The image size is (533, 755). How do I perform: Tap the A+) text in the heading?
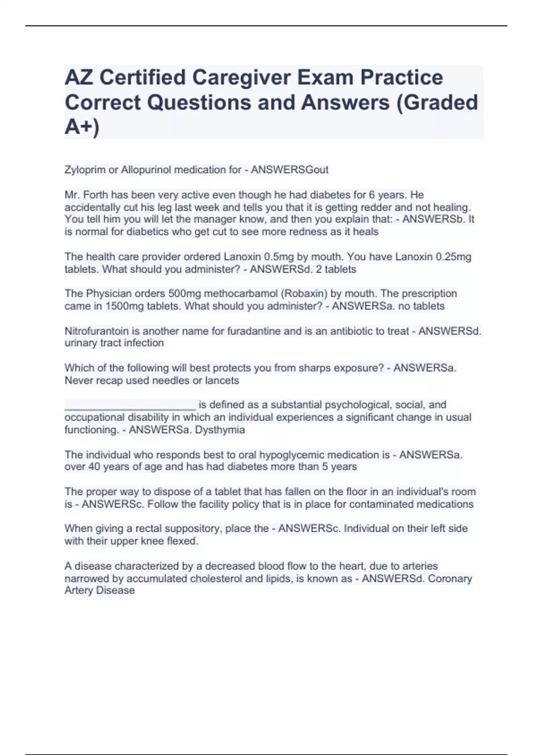(82, 127)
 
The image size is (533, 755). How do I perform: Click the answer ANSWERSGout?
(290, 170)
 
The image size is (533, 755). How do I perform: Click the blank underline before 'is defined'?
(130, 405)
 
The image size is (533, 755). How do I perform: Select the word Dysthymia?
(220, 430)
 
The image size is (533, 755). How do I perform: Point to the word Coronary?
(450, 579)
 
